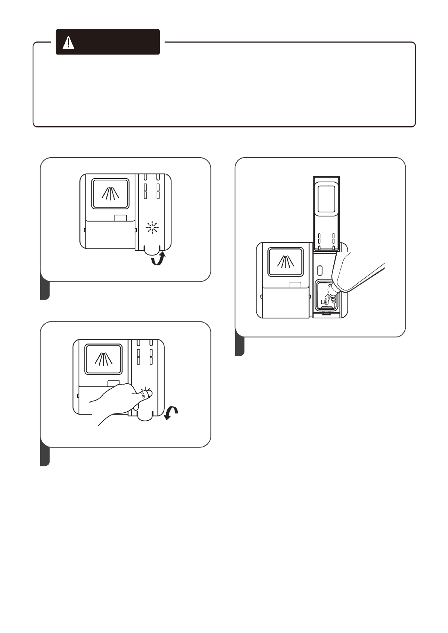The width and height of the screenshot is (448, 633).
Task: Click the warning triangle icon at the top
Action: tap(68, 43)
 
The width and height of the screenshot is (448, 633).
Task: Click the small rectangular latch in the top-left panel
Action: tap(120, 218)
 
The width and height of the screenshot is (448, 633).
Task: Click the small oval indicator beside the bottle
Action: tap(319, 270)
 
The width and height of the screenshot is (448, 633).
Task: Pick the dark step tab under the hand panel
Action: tap(45, 457)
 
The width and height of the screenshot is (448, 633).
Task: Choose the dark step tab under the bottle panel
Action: tap(240, 346)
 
